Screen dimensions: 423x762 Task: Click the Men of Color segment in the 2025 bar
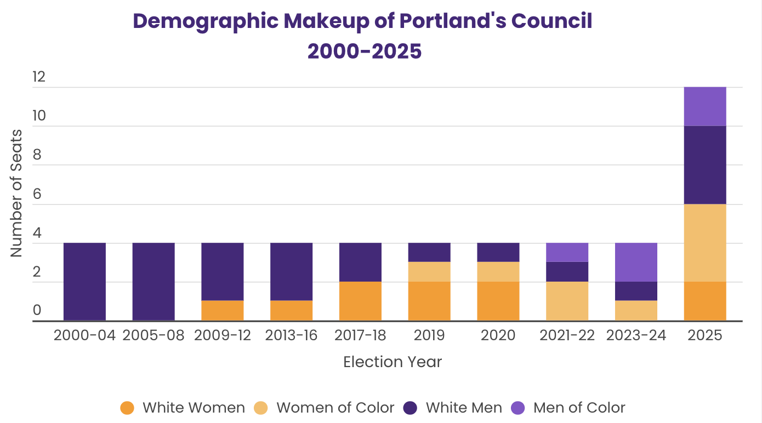pyautogui.click(x=705, y=106)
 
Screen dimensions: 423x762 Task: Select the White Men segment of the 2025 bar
pyautogui.click(x=705, y=165)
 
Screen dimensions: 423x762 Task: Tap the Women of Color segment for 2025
pyautogui.click(x=705, y=243)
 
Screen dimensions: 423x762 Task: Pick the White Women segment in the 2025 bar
pyautogui.click(x=705, y=301)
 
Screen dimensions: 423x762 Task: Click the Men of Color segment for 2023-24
pyautogui.click(x=636, y=262)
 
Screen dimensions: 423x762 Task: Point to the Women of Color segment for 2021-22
pyautogui.click(x=567, y=301)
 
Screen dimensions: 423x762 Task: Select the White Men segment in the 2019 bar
pyautogui.click(x=429, y=252)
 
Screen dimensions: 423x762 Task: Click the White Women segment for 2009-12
pyautogui.click(x=223, y=311)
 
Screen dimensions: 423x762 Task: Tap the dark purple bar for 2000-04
pyautogui.click(x=84, y=282)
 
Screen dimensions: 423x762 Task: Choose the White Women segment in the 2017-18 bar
pyautogui.click(x=360, y=301)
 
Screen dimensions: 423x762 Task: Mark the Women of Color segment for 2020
pyautogui.click(x=498, y=272)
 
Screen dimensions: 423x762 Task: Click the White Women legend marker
pyautogui.click(x=127, y=408)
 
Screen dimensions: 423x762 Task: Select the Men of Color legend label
pyautogui.click(x=579, y=408)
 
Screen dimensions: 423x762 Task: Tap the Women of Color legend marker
pyautogui.click(x=261, y=408)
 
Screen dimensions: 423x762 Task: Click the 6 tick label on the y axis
pyautogui.click(x=37, y=194)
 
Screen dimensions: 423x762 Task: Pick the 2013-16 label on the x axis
pyautogui.click(x=291, y=335)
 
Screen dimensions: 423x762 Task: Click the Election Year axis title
pyautogui.click(x=393, y=362)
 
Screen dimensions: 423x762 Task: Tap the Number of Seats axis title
pyautogui.click(x=16, y=193)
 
